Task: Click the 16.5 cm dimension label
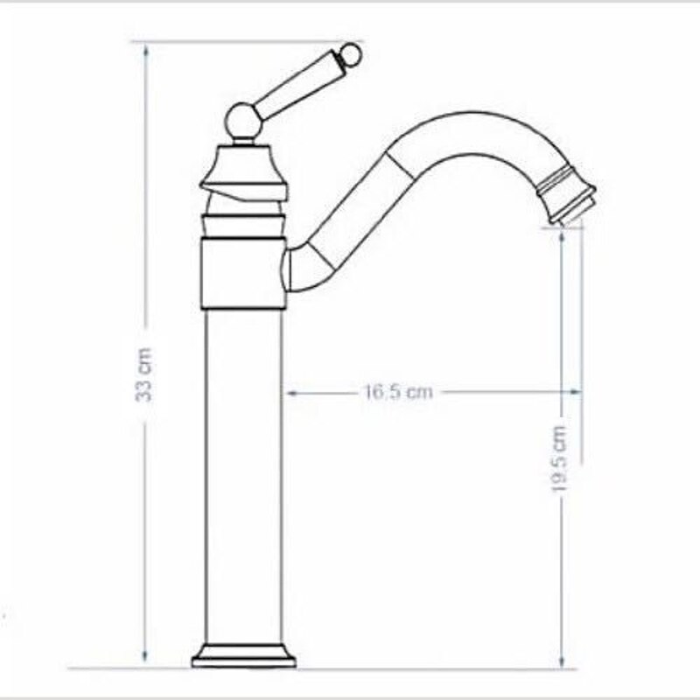[398, 392]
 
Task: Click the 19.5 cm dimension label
[561, 459]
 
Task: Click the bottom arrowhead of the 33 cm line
[144, 661]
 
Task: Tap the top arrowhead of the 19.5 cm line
[561, 233]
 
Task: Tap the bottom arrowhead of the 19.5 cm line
[561, 661]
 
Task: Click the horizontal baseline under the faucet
[367, 668]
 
